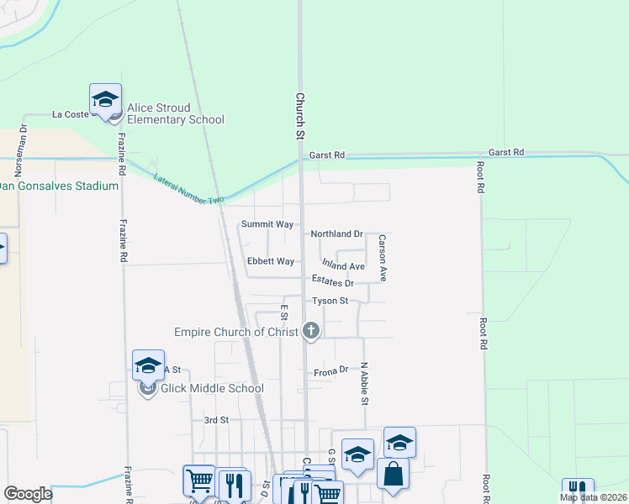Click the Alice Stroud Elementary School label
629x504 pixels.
click(175, 113)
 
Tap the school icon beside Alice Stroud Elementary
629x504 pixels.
click(106, 99)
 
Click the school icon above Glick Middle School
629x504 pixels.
click(148, 365)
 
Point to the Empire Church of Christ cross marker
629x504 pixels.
click(311, 331)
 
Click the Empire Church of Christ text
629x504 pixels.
click(236, 332)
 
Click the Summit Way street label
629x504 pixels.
click(267, 224)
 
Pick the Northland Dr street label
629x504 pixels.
click(336, 234)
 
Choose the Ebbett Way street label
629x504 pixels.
click(271, 261)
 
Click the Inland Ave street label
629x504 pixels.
click(343, 266)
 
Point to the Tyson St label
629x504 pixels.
click(330, 300)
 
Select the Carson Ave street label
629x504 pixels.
click(382, 258)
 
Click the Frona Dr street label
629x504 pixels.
click(330, 370)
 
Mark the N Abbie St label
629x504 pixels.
click(365, 383)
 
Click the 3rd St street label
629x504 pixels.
click(217, 419)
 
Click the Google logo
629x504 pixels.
click(28, 493)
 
